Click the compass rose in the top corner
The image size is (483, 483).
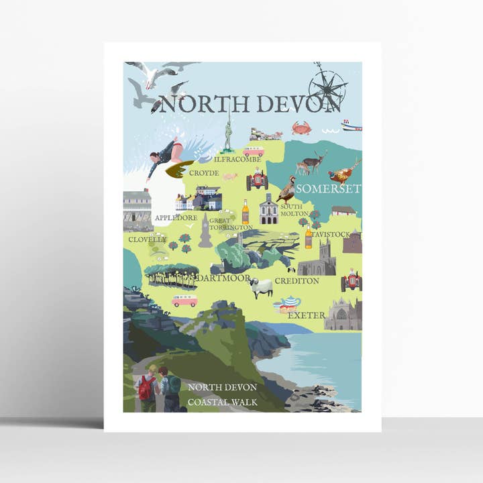[327, 85]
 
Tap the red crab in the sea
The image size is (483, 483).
[300, 127]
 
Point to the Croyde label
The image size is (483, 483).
[204, 173]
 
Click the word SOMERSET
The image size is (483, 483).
[328, 189]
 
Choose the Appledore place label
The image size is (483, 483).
[176, 218]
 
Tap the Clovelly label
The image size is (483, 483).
[147, 239]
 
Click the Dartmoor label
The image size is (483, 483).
[224, 278]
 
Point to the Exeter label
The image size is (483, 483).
[307, 315]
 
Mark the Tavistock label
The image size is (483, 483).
[331, 235]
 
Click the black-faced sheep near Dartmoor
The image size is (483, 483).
[261, 286]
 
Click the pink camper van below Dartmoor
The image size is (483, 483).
[184, 300]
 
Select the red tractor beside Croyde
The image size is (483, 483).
[257, 180]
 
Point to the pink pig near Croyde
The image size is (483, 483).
[230, 176]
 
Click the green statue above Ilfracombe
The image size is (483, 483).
[228, 133]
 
